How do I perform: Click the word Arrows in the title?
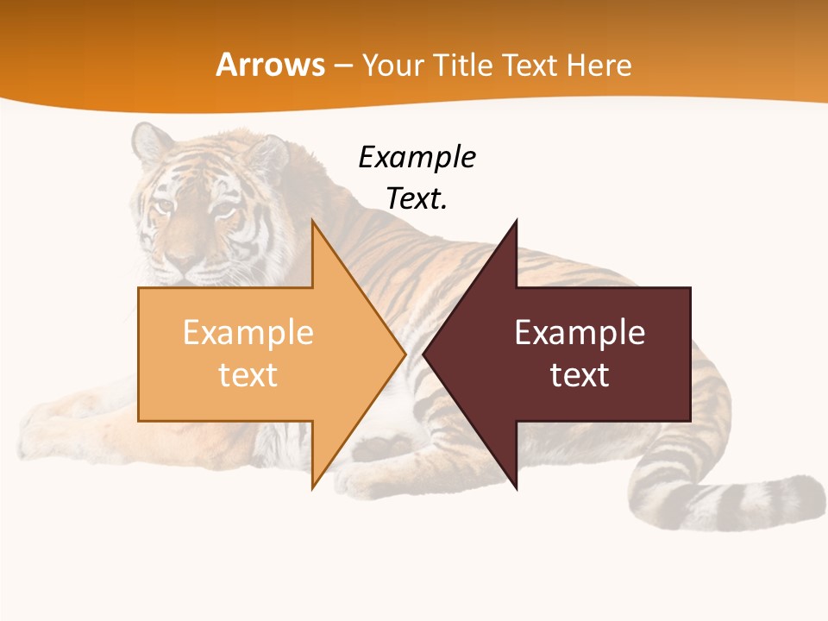pyautogui.click(x=271, y=66)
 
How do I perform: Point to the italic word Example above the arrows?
pyautogui.click(x=417, y=158)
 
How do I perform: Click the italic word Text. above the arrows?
pyautogui.click(x=417, y=199)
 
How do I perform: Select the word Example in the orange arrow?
pyautogui.click(x=248, y=333)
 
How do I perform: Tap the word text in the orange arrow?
pyautogui.click(x=248, y=374)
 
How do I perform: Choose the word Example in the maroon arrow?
pyautogui.click(x=580, y=333)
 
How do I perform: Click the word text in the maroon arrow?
pyautogui.click(x=580, y=374)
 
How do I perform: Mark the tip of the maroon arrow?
pyautogui.click(x=424, y=354)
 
